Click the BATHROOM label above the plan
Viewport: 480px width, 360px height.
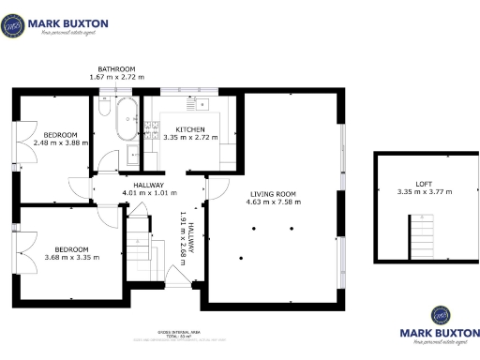(117, 68)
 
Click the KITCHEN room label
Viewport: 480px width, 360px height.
(190, 128)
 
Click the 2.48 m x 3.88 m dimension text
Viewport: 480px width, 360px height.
(59, 143)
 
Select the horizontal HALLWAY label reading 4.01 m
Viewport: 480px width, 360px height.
(149, 193)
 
